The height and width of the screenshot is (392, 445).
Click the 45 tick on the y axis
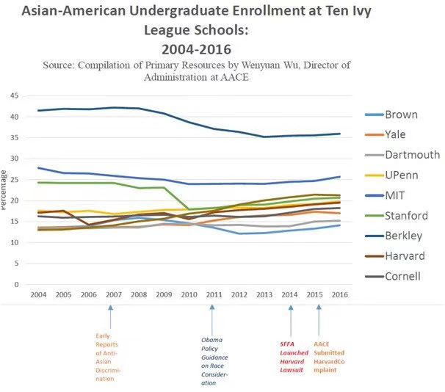click(x=13, y=95)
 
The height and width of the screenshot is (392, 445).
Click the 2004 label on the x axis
click(x=38, y=295)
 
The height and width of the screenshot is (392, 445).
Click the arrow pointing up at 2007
click(x=110, y=317)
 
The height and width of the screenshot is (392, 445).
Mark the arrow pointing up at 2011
click(x=212, y=317)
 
